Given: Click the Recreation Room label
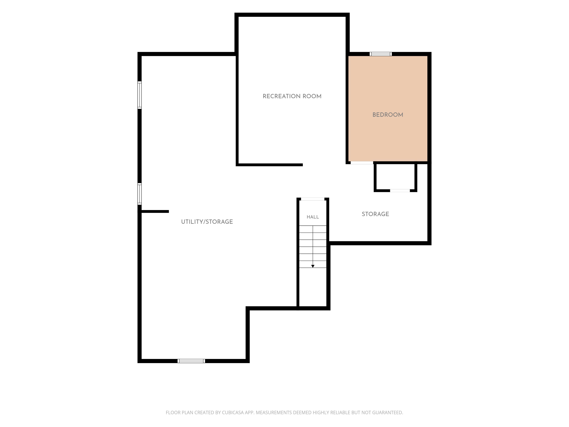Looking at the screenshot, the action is pos(292,96).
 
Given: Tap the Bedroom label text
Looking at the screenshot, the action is pos(388,115).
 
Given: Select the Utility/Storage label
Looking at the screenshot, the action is pos(207,222).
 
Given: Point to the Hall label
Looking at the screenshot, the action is pos(313,217).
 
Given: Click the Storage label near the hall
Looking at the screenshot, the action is pos(375,214).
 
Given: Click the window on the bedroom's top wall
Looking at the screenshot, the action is pos(381,54).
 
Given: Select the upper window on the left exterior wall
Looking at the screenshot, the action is pos(139,95).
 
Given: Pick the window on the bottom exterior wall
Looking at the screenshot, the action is pos(191,361).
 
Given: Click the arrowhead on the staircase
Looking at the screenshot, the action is pos(313,266).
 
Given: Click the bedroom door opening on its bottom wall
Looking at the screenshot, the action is pos(362,163).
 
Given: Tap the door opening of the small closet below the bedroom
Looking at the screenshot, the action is pos(400,191).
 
